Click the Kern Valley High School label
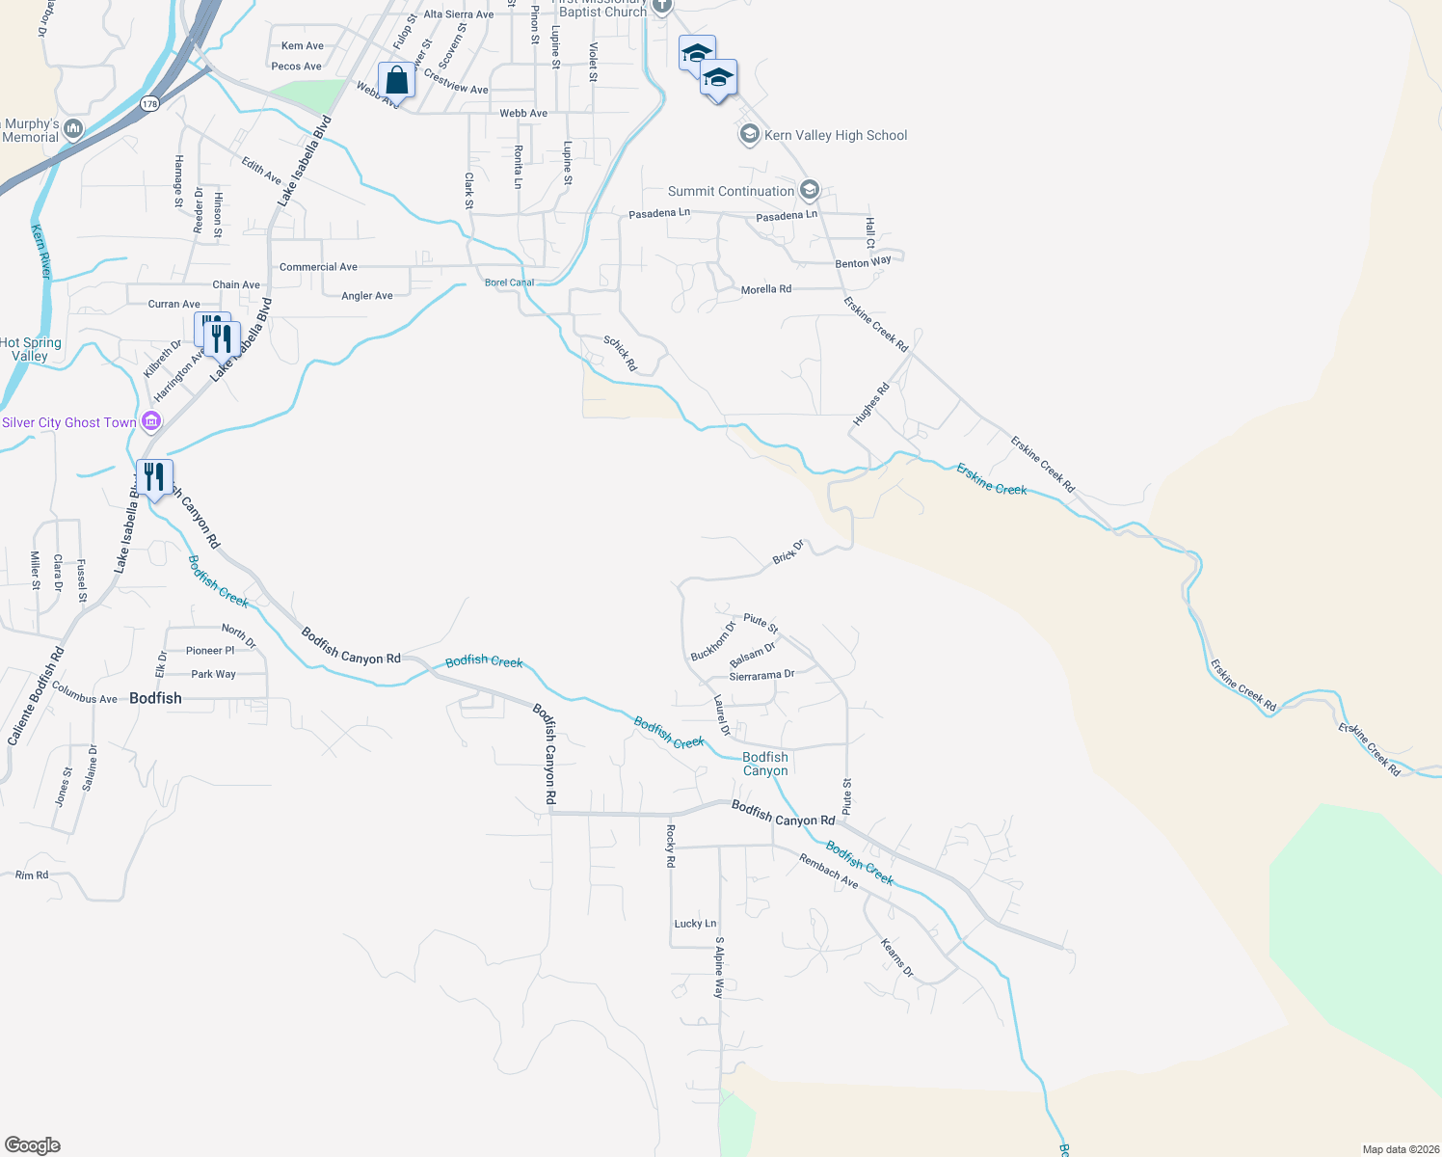(x=836, y=136)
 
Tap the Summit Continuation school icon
(x=810, y=189)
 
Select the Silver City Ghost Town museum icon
(x=151, y=421)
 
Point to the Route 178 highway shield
(x=148, y=103)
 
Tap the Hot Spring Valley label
(x=31, y=349)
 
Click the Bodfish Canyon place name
(x=765, y=764)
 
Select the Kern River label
(x=40, y=252)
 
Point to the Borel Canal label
(x=509, y=283)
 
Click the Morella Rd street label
(x=766, y=289)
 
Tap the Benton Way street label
(x=863, y=262)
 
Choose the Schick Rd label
(x=621, y=354)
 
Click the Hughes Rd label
(x=870, y=405)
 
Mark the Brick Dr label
(x=788, y=552)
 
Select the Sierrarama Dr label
(x=761, y=676)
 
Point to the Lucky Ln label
(x=695, y=924)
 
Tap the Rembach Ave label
(x=828, y=871)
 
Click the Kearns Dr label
(x=897, y=957)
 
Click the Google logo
(x=33, y=1145)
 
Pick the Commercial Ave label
(x=318, y=267)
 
